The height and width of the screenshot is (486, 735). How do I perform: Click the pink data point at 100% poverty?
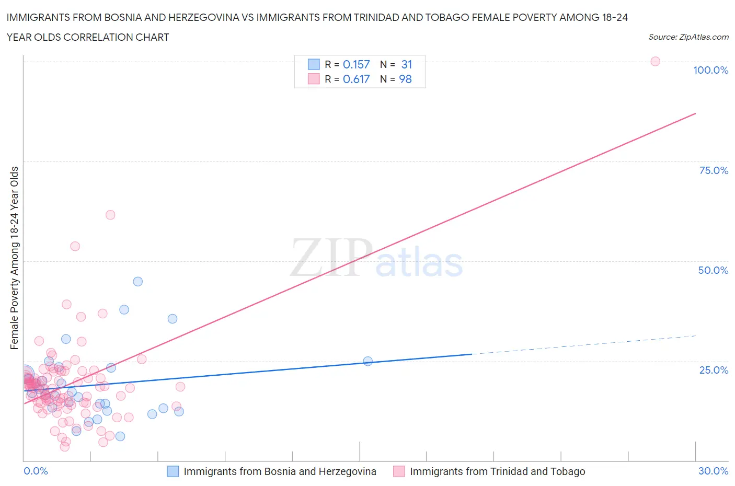[655, 61]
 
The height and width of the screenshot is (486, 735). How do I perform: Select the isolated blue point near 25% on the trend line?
[367, 361]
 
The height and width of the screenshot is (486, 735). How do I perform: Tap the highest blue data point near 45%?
[137, 281]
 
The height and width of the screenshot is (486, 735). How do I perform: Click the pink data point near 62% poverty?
[110, 215]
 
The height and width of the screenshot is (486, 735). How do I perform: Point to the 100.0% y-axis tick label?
[710, 70]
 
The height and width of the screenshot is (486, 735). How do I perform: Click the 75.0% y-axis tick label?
[714, 170]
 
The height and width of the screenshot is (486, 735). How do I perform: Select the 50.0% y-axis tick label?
[713, 270]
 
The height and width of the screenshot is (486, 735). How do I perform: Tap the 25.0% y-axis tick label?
[714, 370]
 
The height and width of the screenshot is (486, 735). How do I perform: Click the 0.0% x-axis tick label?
[36, 471]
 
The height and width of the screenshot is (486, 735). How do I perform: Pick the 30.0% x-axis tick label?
[713, 471]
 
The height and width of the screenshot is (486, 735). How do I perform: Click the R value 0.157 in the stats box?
[356, 64]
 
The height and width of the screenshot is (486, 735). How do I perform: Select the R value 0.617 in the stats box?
[356, 79]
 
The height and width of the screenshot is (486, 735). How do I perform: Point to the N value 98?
[405, 79]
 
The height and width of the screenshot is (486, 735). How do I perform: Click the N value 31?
[407, 64]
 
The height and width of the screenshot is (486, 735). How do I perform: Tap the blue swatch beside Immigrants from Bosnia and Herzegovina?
[173, 471]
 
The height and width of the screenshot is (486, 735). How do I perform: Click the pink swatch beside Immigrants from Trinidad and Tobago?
[399, 471]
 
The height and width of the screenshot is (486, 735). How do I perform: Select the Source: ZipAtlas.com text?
[688, 37]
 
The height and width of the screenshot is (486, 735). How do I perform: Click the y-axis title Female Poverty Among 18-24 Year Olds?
[14, 258]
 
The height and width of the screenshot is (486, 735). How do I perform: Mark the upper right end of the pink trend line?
[695, 113]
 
